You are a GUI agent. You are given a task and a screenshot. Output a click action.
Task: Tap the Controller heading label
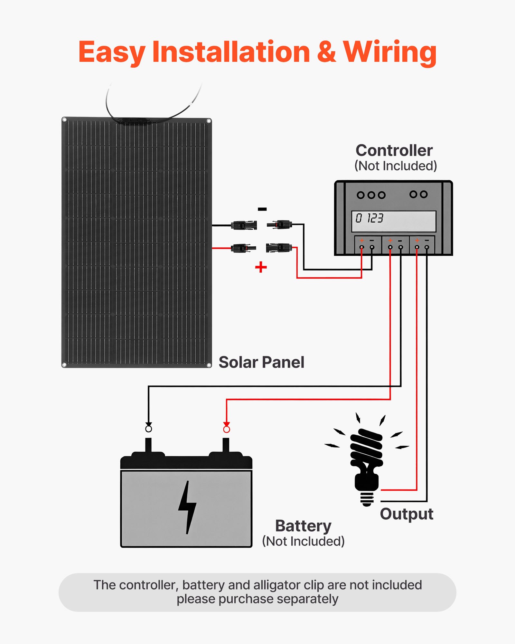(394, 150)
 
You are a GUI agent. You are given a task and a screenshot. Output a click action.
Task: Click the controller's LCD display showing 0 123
(394, 221)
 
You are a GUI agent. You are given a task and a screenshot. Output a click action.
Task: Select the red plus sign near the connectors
(261, 267)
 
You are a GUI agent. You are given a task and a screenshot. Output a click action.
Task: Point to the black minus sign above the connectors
(262, 209)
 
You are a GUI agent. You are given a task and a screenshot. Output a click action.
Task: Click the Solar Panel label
(261, 362)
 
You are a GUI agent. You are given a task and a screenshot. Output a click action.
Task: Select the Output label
(407, 514)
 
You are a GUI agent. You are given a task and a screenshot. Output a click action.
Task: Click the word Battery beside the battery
(303, 526)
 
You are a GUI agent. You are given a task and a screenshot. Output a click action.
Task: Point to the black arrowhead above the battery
(148, 424)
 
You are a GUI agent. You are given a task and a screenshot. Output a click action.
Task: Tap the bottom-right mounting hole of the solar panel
(209, 365)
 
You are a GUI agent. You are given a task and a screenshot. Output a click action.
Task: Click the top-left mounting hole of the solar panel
(64, 120)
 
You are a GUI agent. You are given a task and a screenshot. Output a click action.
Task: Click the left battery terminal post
(148, 446)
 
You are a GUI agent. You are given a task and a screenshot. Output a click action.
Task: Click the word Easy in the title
(111, 52)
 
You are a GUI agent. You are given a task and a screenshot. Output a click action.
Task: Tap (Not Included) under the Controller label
(396, 166)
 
